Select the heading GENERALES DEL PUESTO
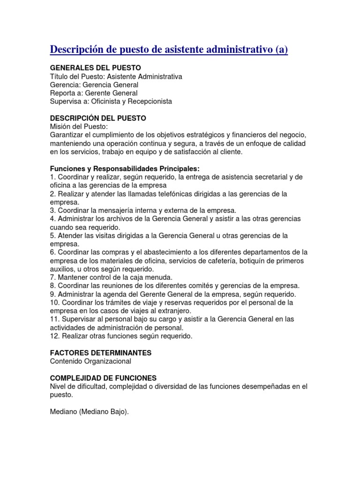[95, 67]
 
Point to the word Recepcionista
[150, 101]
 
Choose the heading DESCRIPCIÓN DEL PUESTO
[98, 118]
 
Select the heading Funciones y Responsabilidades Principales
[125, 169]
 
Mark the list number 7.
[52, 277]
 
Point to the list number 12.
[54, 336]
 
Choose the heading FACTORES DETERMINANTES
[101, 352]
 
